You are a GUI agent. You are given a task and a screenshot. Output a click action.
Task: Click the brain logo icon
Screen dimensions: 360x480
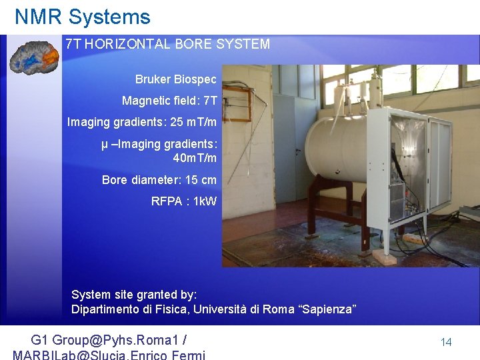pos(34,58)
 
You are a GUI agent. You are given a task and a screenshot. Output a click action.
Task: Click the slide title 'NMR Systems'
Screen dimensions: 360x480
pos(83,17)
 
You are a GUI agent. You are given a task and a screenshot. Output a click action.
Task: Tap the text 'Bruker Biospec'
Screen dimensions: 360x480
pos(175,80)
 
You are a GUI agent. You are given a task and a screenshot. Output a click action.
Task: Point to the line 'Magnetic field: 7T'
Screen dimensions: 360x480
pos(169,101)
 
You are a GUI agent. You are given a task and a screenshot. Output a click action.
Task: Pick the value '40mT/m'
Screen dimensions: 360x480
pos(195,158)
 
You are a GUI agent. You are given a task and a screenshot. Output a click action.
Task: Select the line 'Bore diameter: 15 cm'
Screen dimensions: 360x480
pos(159,180)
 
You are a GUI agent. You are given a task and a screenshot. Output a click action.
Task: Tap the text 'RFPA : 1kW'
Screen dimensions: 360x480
pos(183,201)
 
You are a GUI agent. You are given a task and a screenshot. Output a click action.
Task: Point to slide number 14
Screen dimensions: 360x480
pos(446,342)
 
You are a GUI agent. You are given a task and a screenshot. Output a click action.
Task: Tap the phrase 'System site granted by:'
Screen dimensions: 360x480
pos(134,295)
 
